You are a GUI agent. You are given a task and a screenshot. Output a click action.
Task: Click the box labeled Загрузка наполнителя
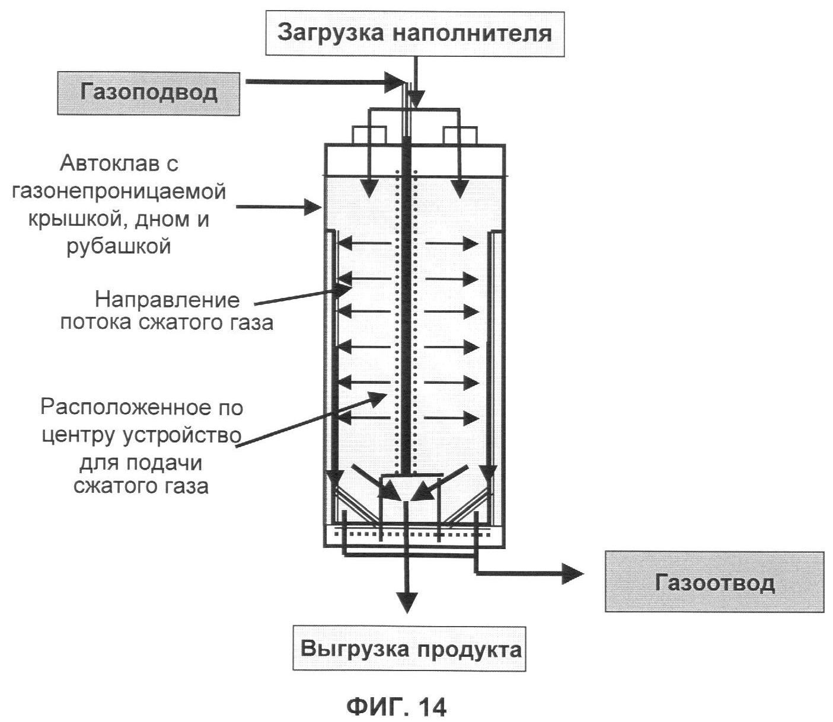point(414,33)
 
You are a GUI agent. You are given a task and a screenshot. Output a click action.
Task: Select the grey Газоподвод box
point(149,93)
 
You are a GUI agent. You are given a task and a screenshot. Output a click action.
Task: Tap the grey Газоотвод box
point(714,582)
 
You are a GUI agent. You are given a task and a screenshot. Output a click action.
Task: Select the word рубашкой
point(118,245)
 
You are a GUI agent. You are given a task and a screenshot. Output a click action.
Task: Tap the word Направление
point(168,300)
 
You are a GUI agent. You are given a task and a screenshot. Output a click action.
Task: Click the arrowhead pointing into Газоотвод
point(573,573)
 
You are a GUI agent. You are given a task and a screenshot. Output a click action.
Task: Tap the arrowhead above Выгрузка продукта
point(406,601)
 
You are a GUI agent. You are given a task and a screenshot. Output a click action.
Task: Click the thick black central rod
point(406,296)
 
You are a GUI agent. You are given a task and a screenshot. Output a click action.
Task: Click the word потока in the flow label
point(95,323)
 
